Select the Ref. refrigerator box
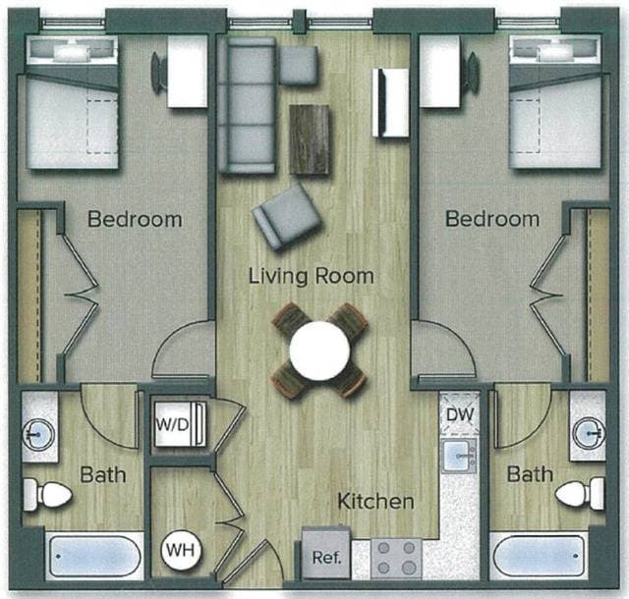tap(325, 556)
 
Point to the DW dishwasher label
tap(459, 415)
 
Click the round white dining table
tap(319, 348)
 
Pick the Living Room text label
tap(311, 276)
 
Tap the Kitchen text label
tap(375, 502)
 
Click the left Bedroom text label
tap(135, 219)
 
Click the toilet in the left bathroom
tap(47, 494)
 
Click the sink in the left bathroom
tap(40, 431)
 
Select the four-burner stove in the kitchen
tap(393, 558)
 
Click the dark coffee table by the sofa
tap(310, 138)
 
